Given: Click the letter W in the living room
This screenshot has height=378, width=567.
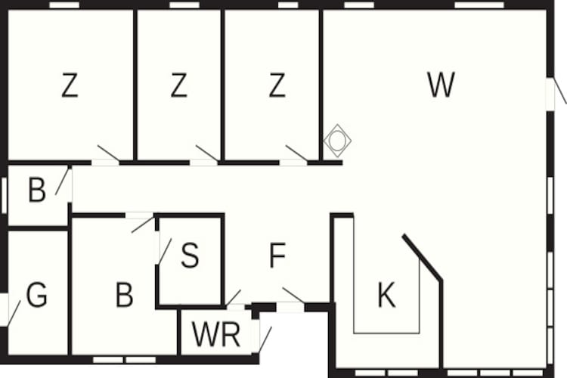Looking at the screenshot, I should click(441, 85).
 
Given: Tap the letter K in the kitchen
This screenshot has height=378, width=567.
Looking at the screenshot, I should click(386, 296).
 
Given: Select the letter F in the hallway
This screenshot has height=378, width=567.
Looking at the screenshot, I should click(277, 257).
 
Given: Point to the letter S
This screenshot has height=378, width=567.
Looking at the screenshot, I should click(190, 256).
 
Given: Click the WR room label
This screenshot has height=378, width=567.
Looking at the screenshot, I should click(216, 334).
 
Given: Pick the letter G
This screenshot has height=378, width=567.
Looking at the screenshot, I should click(36, 295).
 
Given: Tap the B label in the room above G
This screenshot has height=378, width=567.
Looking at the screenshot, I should click(36, 191).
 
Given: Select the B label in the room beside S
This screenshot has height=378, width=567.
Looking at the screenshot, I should click(124, 295).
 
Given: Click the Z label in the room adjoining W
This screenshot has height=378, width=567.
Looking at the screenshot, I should click(277, 85).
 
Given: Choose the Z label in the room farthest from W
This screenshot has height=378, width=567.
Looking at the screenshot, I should click(70, 85).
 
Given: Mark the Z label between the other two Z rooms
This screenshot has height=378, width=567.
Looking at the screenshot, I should click(178, 85).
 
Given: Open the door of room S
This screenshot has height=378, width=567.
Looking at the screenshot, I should click(163, 250).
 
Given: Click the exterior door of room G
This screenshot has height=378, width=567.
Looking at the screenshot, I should click(11, 311).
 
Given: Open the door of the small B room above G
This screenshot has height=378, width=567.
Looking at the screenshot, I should click(63, 183).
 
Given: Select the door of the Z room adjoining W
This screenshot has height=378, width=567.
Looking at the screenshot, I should click(296, 154).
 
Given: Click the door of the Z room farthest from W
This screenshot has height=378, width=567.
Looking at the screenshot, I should click(108, 154).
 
